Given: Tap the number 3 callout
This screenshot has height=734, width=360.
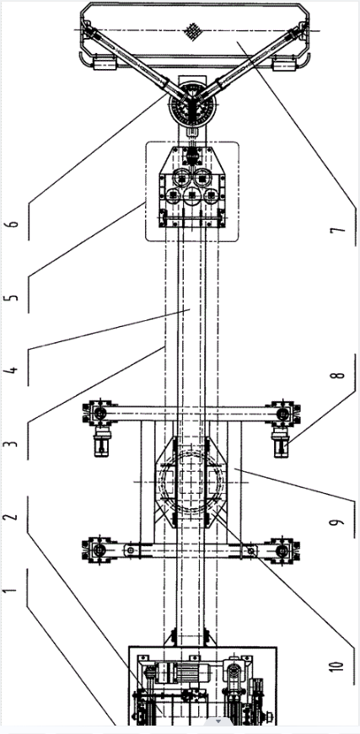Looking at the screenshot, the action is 14,442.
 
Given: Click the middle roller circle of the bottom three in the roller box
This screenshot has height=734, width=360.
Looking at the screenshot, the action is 192,196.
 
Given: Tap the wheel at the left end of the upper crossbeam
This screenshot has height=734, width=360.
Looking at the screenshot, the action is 99,413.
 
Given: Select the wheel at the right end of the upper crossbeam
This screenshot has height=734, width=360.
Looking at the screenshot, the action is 282,413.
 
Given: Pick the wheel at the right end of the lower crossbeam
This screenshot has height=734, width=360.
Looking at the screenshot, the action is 282,550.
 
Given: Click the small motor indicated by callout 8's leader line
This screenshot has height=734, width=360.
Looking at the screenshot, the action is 281,442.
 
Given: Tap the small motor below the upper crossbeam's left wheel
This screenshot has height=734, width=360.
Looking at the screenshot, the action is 101,442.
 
